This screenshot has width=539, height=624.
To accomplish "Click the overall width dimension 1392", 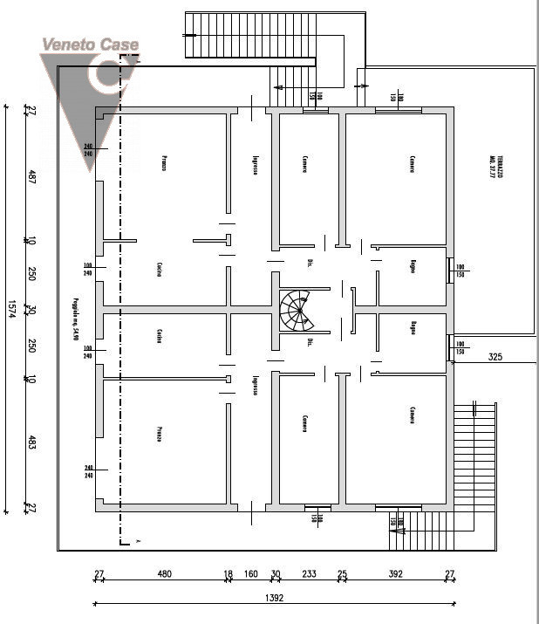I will click(275, 599).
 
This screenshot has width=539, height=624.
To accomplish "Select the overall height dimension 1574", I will click(13, 309).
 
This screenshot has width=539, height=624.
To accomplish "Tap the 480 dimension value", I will click(164, 574).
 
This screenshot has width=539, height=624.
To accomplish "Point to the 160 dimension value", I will click(250, 574).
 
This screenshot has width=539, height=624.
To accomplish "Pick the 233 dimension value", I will click(309, 574).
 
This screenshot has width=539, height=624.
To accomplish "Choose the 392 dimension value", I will click(395, 574).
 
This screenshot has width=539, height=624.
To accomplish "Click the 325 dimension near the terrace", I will click(495, 356).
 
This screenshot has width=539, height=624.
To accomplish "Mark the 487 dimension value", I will click(31, 177).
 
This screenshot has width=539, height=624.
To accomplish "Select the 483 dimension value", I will click(31, 442).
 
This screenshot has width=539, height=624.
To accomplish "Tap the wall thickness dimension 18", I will click(229, 574).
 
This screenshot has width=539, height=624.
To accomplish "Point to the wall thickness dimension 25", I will click(343, 574).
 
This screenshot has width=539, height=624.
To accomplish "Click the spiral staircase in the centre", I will click(297, 310).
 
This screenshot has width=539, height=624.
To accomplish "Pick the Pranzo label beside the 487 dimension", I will click(163, 163).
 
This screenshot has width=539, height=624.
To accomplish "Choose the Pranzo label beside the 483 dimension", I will click(160, 434).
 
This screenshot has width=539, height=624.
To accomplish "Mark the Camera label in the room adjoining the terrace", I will click(411, 164).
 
